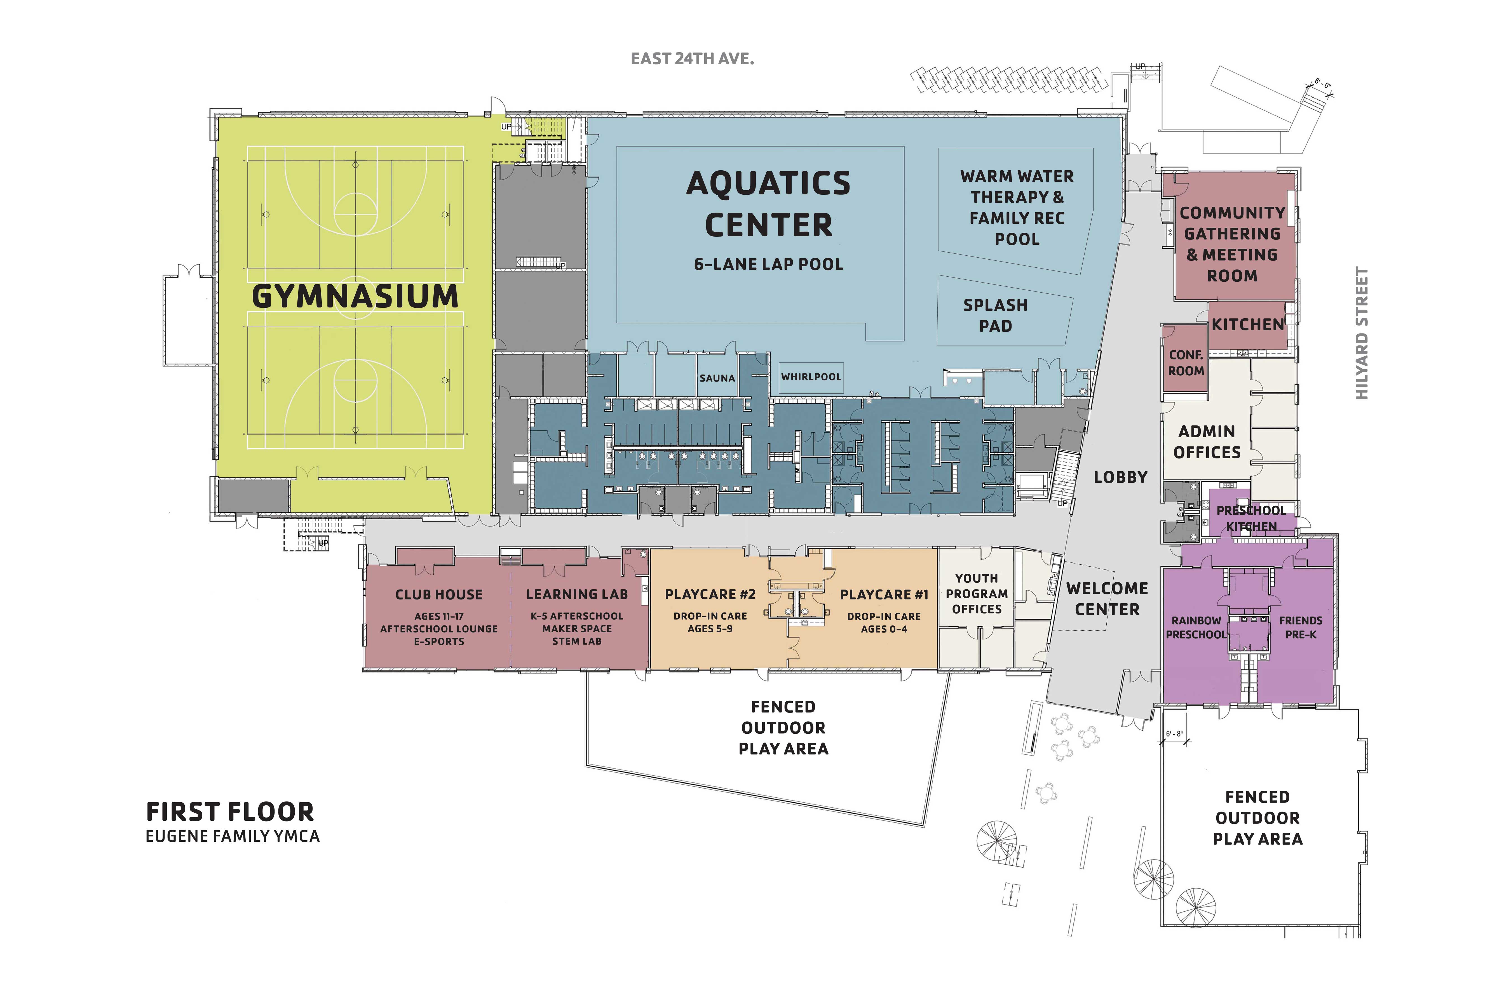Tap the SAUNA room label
click(x=717, y=378)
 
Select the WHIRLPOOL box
click(x=811, y=377)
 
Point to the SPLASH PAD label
click(x=995, y=315)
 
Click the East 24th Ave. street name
click(x=692, y=59)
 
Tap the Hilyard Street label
click(x=1361, y=333)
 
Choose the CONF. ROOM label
click(x=1186, y=363)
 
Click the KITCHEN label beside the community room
click(x=1248, y=324)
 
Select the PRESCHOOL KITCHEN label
click(x=1251, y=518)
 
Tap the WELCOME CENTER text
click(x=1107, y=599)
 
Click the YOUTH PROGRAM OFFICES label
click(x=977, y=593)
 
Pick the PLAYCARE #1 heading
click(x=884, y=595)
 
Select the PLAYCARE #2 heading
click(x=710, y=595)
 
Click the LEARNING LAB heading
click(x=577, y=595)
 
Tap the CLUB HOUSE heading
click(x=439, y=595)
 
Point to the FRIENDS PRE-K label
click(x=1300, y=627)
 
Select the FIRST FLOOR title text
click(x=230, y=812)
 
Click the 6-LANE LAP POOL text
click(x=768, y=264)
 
